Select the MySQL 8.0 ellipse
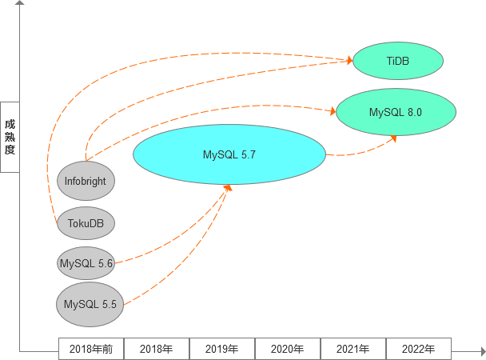click(x=396, y=112)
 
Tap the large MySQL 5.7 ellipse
click(x=229, y=154)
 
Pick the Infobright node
click(x=86, y=181)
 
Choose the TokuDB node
click(x=86, y=222)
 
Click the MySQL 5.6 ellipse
click(x=86, y=262)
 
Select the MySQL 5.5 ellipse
click(x=90, y=304)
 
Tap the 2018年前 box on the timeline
click(x=91, y=349)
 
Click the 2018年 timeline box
click(x=157, y=349)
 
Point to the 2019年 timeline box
click(x=222, y=349)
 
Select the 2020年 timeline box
click(x=288, y=349)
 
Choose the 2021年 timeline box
click(x=353, y=349)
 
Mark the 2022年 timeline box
click(x=419, y=349)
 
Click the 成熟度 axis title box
click(x=10, y=137)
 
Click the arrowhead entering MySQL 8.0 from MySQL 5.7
click(x=392, y=138)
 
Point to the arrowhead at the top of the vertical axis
click(x=20, y=5)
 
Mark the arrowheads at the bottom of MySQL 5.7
click(x=228, y=187)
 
